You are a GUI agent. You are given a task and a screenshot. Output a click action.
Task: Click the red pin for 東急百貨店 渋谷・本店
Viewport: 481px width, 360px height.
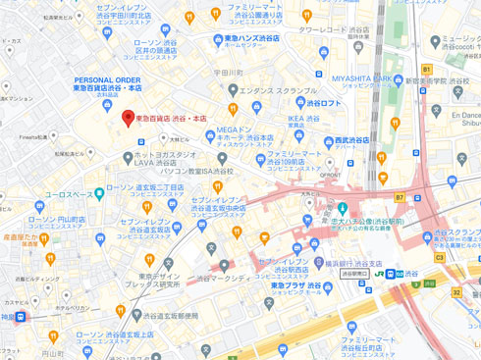pos(126,118)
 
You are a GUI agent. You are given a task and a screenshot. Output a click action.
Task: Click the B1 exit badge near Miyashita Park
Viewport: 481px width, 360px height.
pos(426,70)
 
